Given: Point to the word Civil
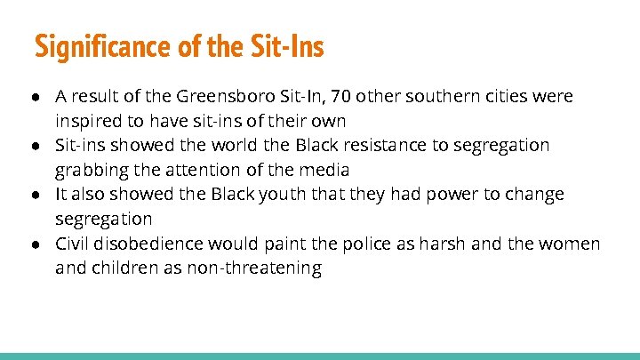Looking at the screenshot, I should pos(72,244).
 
